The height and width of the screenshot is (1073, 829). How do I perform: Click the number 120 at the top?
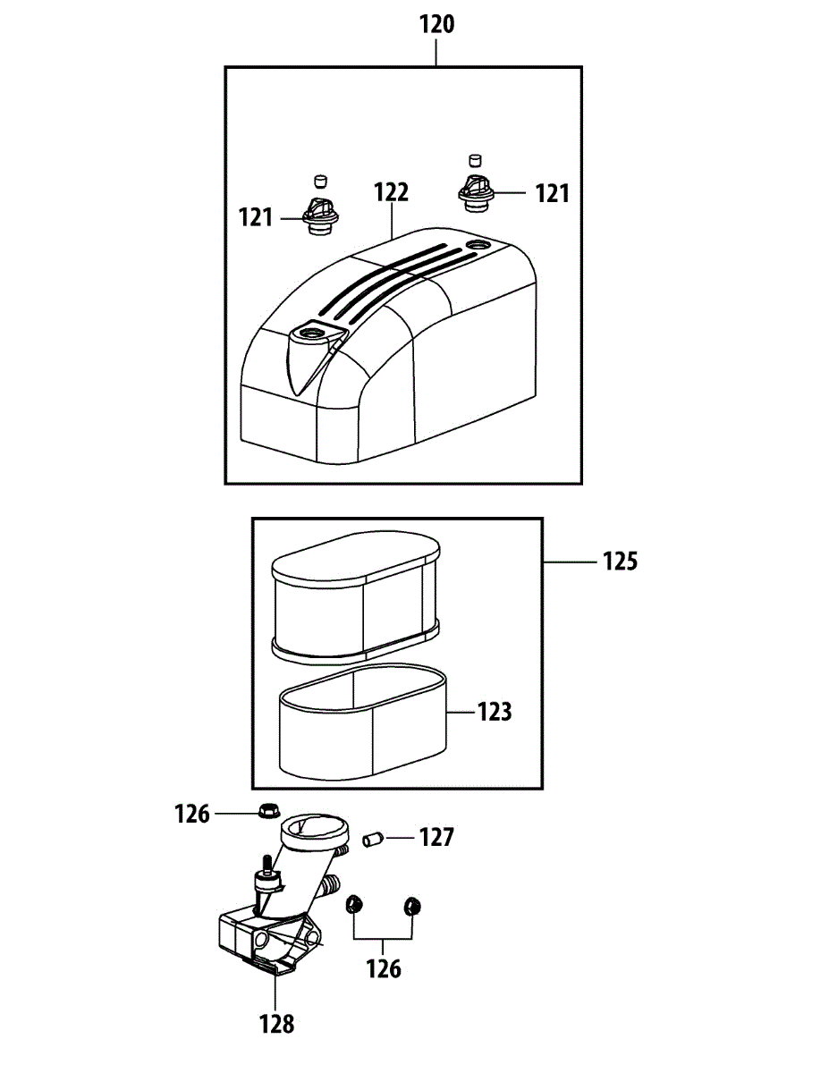pos(436,24)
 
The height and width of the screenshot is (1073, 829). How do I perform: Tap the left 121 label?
pos(256,217)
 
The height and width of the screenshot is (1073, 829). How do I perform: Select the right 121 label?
pos(552,193)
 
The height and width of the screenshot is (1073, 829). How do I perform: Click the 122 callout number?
pos(391,191)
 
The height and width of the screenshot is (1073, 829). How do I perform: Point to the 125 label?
pos(620,562)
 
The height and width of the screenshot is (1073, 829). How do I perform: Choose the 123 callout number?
pos(495,712)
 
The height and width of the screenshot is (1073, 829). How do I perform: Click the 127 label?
pos(436,838)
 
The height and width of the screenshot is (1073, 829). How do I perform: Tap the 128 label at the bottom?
pos(276,1024)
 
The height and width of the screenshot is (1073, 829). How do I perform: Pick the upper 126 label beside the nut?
pos(192,814)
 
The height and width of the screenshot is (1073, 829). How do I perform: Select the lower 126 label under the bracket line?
pos(384,968)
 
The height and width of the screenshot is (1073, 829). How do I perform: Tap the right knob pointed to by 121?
pos(475,192)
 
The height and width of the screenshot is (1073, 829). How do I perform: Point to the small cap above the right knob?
pos(475,159)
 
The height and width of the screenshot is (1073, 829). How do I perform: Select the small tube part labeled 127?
pos(372,840)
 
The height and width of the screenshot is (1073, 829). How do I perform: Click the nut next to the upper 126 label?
pos(265,811)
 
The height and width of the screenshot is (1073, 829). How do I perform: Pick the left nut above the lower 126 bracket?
pos(353,906)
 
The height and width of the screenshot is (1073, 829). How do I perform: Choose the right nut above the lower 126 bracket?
pos(412,906)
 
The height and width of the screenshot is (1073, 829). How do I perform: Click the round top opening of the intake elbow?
pos(313,827)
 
